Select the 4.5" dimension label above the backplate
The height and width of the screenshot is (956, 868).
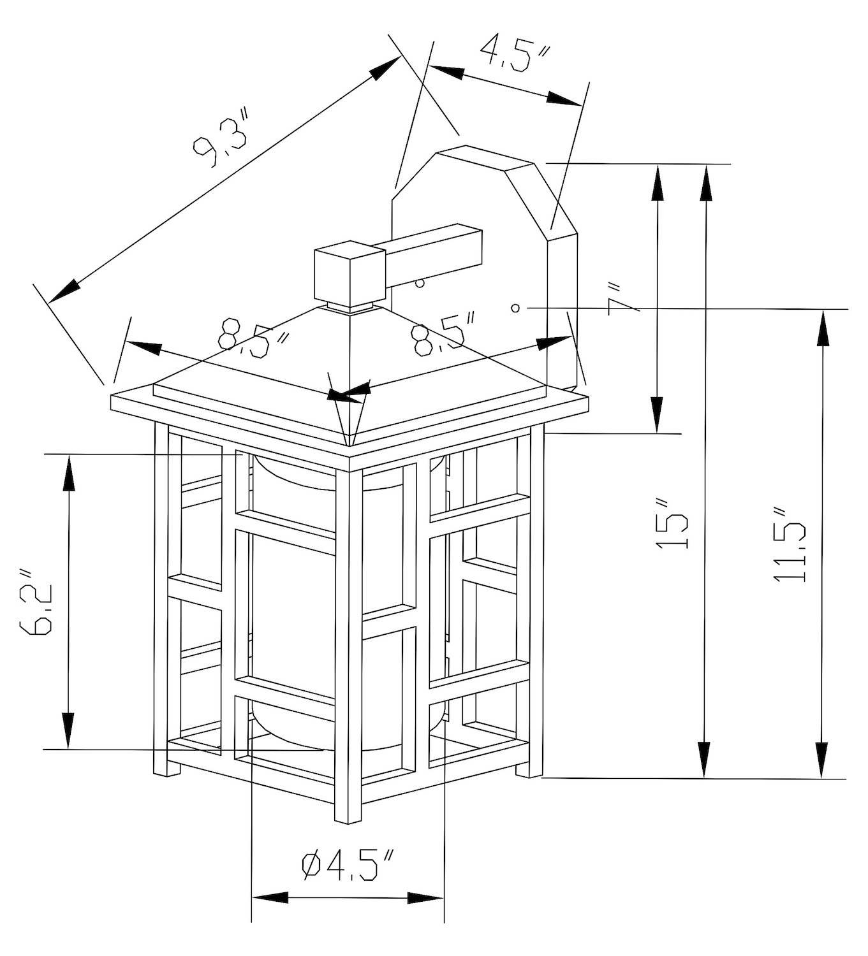point(514,54)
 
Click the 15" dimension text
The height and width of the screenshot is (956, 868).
point(672,524)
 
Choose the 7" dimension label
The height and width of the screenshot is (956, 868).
point(622,298)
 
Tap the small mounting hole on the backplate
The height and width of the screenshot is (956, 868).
point(515,308)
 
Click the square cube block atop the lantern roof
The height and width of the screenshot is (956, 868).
point(350,273)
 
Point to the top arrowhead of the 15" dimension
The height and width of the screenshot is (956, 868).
point(705,181)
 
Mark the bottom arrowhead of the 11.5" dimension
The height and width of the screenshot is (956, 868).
point(823,761)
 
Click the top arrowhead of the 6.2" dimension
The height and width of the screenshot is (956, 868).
point(66,472)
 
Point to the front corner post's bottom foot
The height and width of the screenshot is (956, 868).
point(348,816)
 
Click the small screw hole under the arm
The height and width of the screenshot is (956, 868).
point(420,283)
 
